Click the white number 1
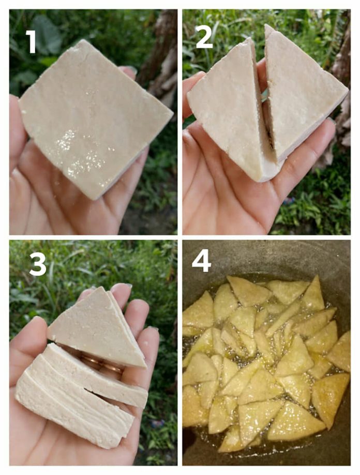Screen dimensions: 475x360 click(31, 41)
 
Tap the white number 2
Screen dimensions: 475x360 click(204, 37)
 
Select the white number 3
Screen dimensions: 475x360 click(37, 264)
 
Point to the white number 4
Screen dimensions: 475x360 click(201, 261)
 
